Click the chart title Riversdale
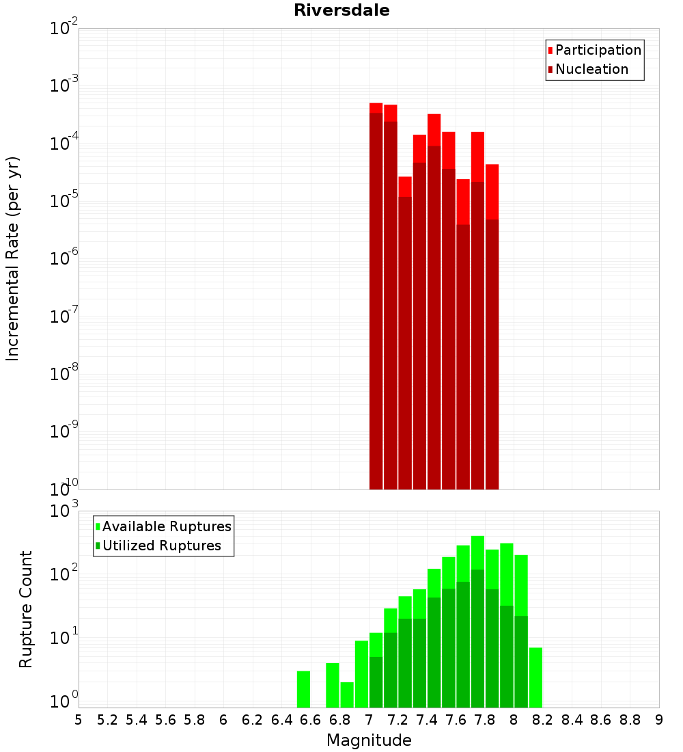point(341,10)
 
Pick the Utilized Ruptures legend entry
point(161,546)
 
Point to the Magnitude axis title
point(369,740)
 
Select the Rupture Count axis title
point(26,609)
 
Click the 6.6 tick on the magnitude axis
point(311,720)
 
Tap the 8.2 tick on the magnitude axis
point(543,720)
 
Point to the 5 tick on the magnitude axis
point(79,720)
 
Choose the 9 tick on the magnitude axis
point(659,720)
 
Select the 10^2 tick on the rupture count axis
point(66,573)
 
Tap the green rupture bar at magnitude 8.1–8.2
point(535,677)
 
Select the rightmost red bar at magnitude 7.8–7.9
point(492,328)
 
